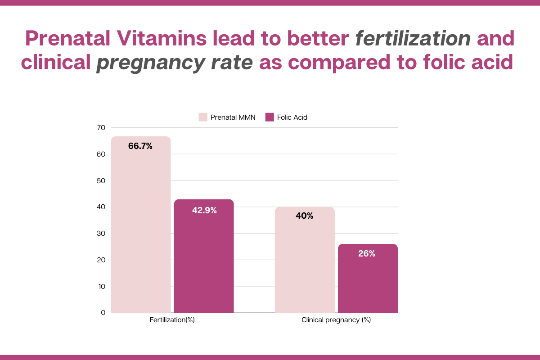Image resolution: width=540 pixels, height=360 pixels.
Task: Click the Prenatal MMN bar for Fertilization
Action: pyautogui.click(x=141, y=225)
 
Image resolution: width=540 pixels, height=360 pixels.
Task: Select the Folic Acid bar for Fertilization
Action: pyautogui.click(x=204, y=256)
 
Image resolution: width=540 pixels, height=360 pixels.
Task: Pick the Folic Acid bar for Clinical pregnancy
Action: pyautogui.click(x=368, y=279)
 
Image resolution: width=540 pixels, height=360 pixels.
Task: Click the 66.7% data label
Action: pyautogui.click(x=140, y=146)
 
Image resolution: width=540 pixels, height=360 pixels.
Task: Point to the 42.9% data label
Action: pyautogui.click(x=204, y=210)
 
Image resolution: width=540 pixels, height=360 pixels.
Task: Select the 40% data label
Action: pyautogui.click(x=305, y=216)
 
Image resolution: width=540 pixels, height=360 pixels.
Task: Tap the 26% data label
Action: pyautogui.click(x=367, y=254)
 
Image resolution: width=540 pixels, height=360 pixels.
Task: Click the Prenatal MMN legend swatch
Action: pyautogui.click(x=203, y=117)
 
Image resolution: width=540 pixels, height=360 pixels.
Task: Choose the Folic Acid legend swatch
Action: pyautogui.click(x=270, y=117)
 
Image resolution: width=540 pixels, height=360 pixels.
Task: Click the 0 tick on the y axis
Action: pyautogui.click(x=103, y=312)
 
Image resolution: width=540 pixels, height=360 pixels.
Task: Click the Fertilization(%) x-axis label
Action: pyautogui.click(x=172, y=320)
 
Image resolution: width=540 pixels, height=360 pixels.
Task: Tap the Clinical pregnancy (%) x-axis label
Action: pyautogui.click(x=336, y=320)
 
